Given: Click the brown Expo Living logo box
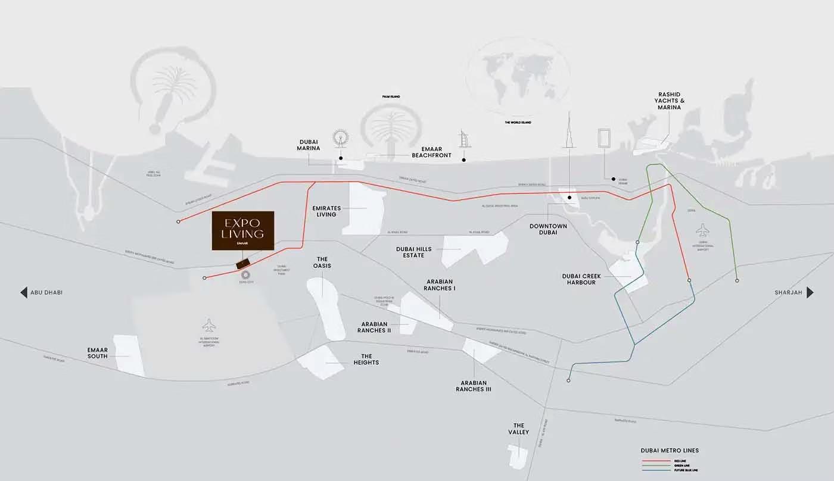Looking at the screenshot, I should tap(243, 230).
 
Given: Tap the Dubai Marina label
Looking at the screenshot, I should tap(309, 145).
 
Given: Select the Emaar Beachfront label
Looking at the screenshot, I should tap(432, 152).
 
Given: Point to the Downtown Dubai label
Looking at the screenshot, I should tap(548, 229).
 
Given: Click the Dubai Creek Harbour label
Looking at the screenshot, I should tap(579, 279).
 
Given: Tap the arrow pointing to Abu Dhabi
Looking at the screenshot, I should tap(24, 292).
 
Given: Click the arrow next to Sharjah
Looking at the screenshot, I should tap(810, 292).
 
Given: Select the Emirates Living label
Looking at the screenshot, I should tap(326, 211).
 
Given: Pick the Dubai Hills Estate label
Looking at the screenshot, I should tap(413, 252).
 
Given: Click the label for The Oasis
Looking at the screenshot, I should tap(322, 263).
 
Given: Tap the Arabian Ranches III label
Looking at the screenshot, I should tap(473, 386).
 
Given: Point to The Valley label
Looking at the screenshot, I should tap(518, 429).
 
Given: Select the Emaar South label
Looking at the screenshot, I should tap(97, 353).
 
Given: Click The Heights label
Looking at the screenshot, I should tap(366, 359).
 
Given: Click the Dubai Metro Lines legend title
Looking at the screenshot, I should tap(670, 451).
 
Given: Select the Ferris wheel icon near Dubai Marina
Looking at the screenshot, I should tap(341, 138).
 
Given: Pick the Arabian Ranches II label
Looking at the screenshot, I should tap(374, 327).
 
